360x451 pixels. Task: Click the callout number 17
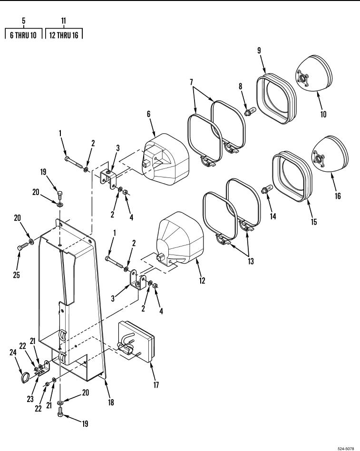156,385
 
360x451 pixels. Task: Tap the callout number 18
111,402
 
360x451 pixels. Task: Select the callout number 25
16,275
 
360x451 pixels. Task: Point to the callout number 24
13,353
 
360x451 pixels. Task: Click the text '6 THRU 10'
23,35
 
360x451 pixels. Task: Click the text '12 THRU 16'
64,35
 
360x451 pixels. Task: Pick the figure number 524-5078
346,449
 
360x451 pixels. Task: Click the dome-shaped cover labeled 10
314,73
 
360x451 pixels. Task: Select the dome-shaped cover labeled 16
330,155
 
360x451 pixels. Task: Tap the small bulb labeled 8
250,112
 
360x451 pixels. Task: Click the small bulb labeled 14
266,190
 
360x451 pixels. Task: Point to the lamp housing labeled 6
165,159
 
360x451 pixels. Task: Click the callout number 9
259,50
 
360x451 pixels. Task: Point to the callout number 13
251,261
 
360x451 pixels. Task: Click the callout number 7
192,82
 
